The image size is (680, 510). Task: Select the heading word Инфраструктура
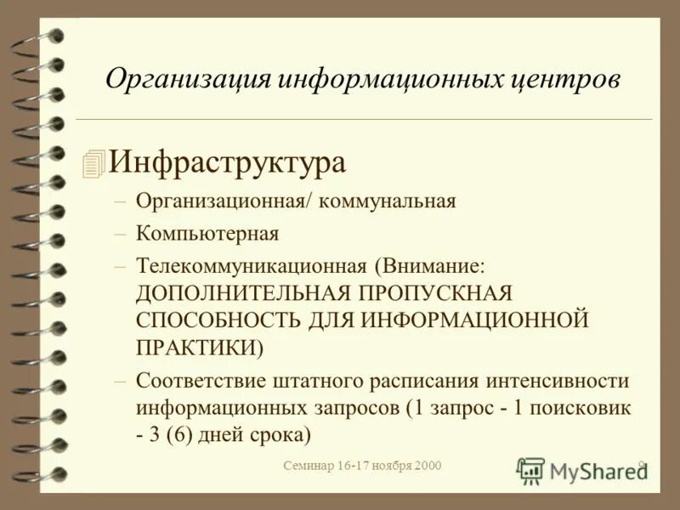coord(227,161)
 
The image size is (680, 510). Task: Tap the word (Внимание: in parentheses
coord(432,264)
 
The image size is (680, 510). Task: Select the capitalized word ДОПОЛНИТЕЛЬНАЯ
coord(242,293)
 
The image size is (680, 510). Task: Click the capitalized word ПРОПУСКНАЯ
coord(436,293)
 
